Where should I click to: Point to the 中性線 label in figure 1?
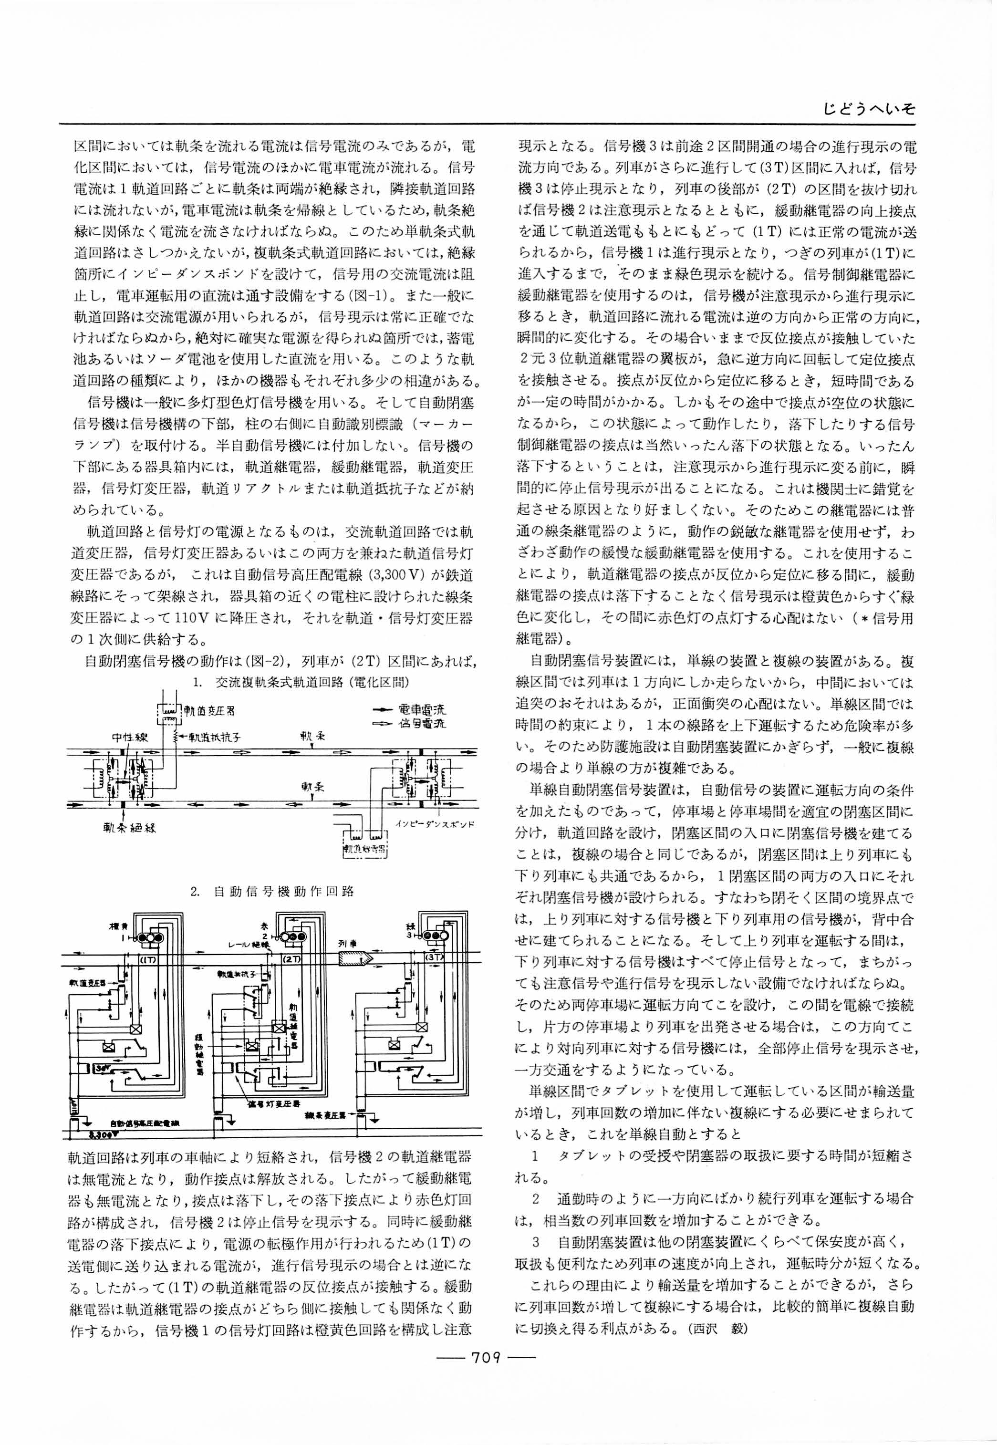point(129,737)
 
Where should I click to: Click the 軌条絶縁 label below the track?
point(129,828)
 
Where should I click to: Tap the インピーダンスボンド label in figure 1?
point(436,824)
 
